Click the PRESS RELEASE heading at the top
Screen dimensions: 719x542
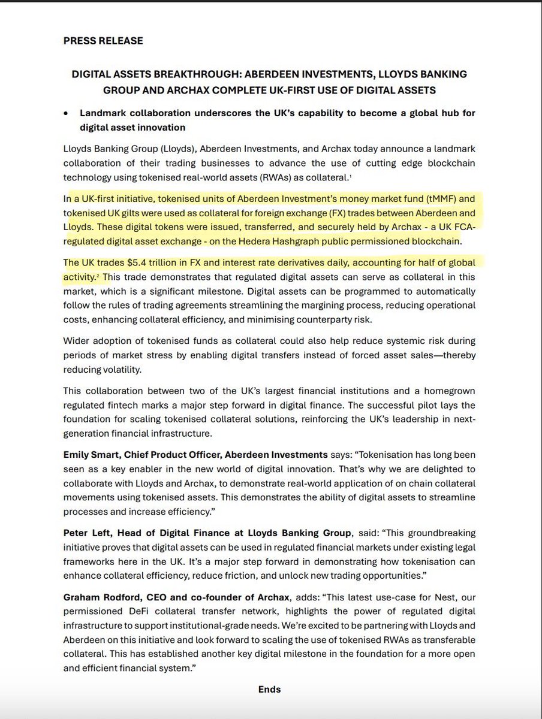(103, 41)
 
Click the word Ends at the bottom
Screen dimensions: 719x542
(269, 689)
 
